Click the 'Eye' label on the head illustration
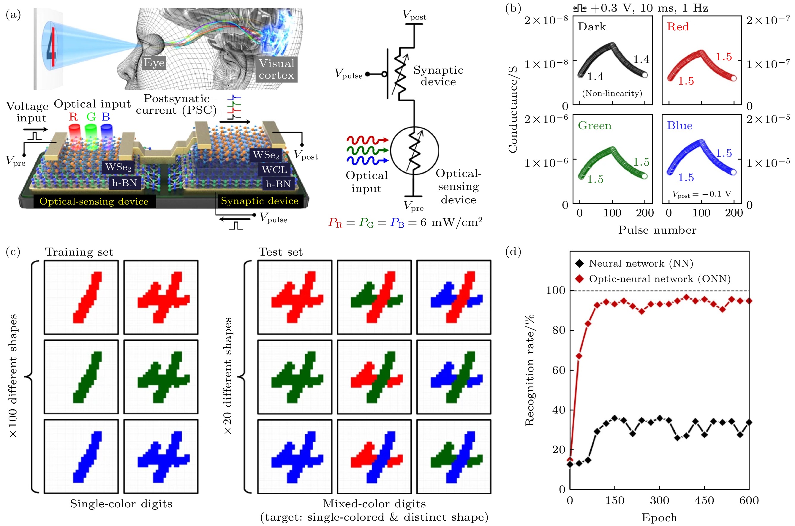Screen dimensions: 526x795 [x=154, y=63]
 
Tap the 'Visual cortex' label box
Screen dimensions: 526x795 [x=276, y=69]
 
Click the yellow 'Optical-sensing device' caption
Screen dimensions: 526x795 [x=94, y=201]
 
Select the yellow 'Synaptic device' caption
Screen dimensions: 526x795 [x=259, y=201]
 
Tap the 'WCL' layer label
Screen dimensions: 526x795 [x=274, y=170]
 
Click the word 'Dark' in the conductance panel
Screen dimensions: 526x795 [x=592, y=27]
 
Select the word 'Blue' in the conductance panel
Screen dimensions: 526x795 [x=679, y=126]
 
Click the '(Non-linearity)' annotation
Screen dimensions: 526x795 [x=612, y=93]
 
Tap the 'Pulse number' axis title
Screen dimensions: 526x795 [x=657, y=230]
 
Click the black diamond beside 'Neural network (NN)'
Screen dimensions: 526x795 [x=579, y=264]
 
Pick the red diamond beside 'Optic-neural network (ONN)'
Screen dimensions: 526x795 [x=579, y=279]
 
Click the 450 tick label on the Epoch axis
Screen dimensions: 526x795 [x=704, y=501]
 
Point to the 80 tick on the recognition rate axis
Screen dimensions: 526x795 [x=559, y=330]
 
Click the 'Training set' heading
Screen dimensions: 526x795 [x=79, y=252]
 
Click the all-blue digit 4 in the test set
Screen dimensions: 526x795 [x=295, y=457]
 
